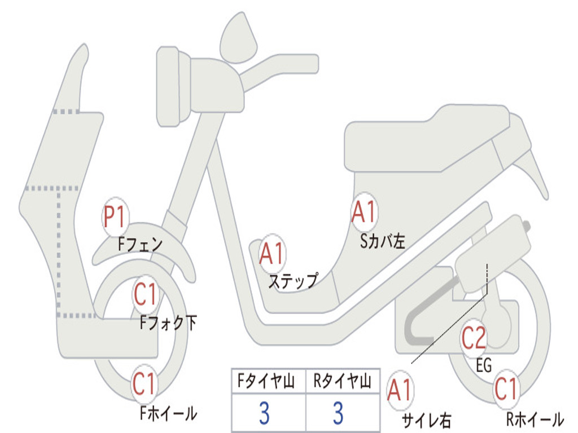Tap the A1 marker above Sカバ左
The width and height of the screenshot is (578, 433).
pos(364,213)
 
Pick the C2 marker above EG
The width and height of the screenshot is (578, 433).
pos(474,338)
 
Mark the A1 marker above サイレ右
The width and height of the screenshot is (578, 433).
pos(400,391)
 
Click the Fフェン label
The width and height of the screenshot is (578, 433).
pos(141,245)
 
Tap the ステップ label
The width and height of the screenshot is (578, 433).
pos(292,281)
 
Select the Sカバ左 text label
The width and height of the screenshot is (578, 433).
pos(383,241)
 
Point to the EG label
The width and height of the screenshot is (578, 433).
pos(484,365)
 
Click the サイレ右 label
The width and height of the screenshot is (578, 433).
pos(426,420)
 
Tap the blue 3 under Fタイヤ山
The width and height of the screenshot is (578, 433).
pos(264,413)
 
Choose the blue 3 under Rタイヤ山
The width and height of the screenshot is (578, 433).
pos(338,413)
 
